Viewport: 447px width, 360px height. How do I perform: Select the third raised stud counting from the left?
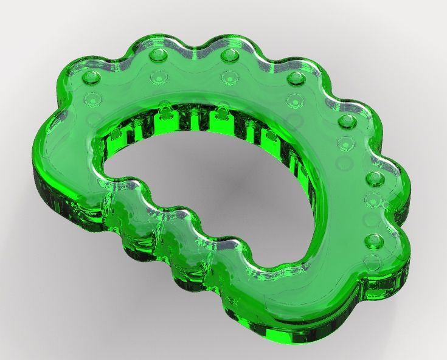pos(229,55)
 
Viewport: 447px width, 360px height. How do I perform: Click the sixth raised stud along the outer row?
pos(373,178)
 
